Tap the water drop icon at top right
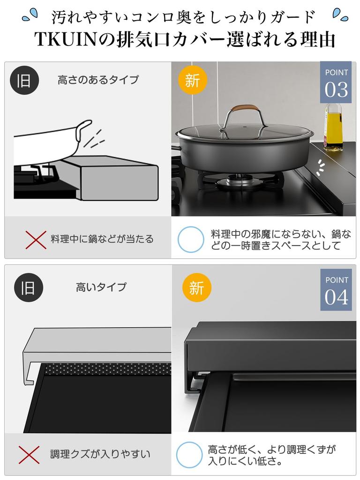[x=340, y=15]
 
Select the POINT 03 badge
[x=336, y=82]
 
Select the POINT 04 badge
[x=336, y=290]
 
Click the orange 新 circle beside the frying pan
[x=193, y=80]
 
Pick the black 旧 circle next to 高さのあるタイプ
[x=24, y=80]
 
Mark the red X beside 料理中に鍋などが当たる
[x=36, y=240]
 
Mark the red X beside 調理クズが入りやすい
[x=29, y=454]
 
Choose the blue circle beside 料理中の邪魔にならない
[x=191, y=240]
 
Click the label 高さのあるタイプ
[x=98, y=80]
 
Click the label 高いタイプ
[x=101, y=287]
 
